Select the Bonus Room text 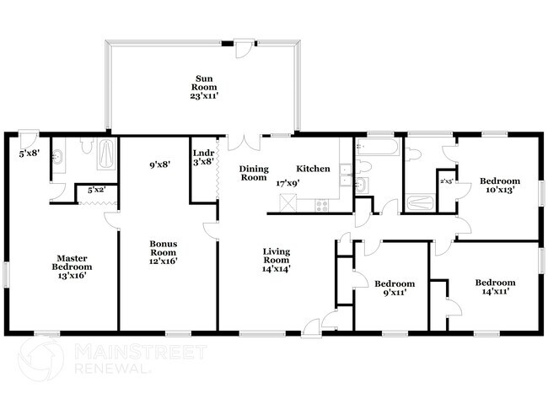coord(163,249)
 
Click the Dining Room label coord(253,173)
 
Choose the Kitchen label coord(312,169)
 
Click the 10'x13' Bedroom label coord(501,186)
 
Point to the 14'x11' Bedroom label coord(495,288)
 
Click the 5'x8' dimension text coord(29,154)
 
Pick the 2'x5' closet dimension coord(447,181)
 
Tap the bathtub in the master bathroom coord(108,154)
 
